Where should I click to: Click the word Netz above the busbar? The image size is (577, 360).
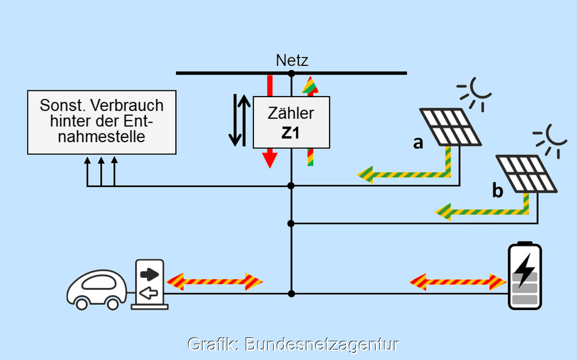click(x=292, y=61)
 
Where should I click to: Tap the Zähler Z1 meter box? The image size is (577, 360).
click(x=291, y=122)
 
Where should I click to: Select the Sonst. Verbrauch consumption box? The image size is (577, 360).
click(x=101, y=122)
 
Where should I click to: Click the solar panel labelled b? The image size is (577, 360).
click(x=527, y=173)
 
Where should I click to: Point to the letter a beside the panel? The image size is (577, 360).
click(x=418, y=143)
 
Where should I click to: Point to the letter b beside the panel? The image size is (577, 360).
click(x=498, y=191)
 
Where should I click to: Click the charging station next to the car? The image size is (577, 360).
click(x=150, y=284)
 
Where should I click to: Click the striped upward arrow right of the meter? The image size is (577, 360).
click(x=311, y=120)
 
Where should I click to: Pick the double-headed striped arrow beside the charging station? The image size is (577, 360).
click(x=214, y=281)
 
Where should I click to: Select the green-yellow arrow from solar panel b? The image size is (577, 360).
click(x=481, y=211)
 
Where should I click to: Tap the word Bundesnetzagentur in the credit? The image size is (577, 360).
click(x=322, y=344)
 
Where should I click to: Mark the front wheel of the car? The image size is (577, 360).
click(x=81, y=304)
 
